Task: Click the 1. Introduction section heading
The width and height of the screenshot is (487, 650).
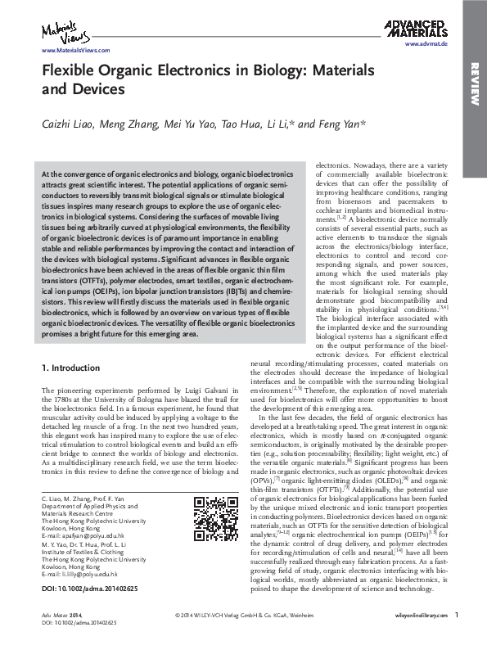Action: pos(74,368)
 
